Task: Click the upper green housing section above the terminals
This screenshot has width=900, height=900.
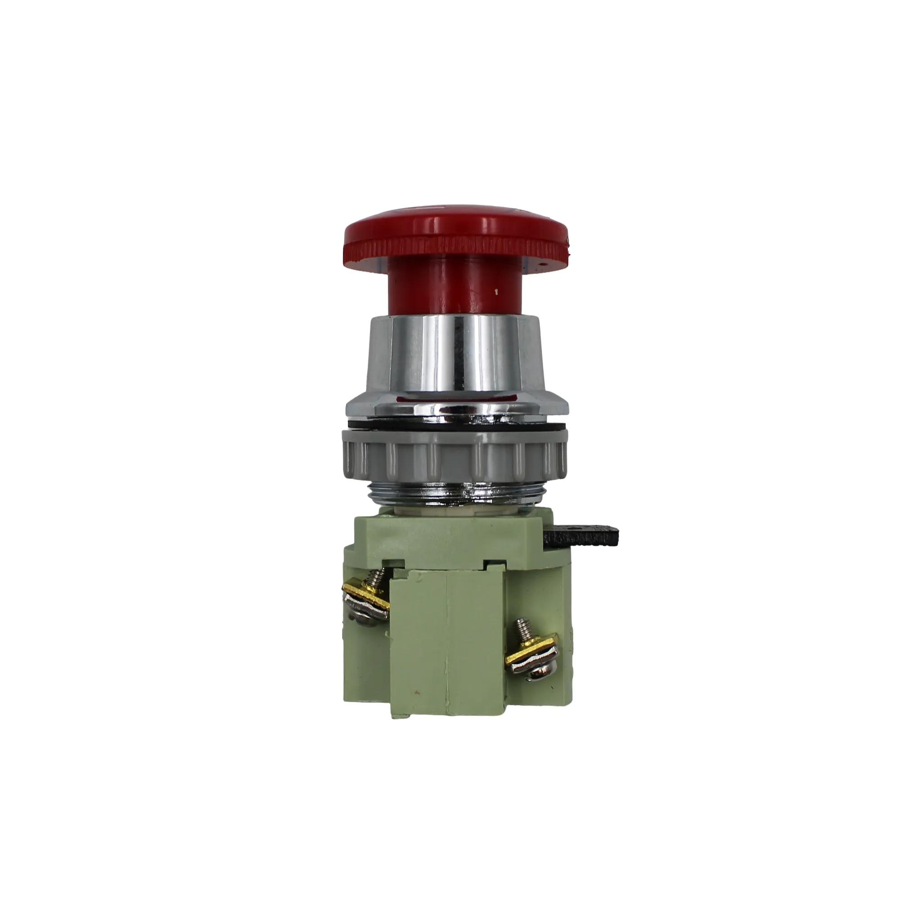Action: tap(447, 540)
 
